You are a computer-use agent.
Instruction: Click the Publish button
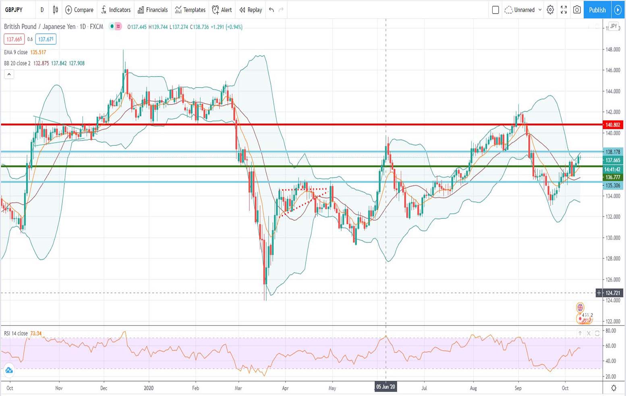(597, 10)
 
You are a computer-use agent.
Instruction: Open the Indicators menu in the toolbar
(116, 10)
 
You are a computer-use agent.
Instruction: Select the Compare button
(79, 10)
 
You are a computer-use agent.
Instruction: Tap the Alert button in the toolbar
(222, 10)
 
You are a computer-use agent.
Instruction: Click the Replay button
(251, 10)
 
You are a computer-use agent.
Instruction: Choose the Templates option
(191, 10)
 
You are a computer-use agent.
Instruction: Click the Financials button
(153, 10)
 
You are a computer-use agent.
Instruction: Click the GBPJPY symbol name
(14, 10)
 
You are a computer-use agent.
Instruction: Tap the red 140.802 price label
(613, 125)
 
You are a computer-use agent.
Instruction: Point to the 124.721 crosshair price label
(613, 293)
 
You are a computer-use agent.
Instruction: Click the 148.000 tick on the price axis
(613, 49)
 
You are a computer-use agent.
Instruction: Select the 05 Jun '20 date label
(386, 387)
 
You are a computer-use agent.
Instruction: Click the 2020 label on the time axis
(149, 388)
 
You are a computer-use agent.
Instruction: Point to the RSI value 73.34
(36, 333)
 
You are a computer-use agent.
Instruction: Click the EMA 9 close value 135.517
(38, 52)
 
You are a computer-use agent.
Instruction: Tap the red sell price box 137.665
(14, 39)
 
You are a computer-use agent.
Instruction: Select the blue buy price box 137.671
(46, 39)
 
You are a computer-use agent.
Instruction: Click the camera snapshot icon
(577, 10)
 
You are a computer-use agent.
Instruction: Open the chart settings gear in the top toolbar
(550, 10)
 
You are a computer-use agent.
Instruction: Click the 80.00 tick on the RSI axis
(611, 331)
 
